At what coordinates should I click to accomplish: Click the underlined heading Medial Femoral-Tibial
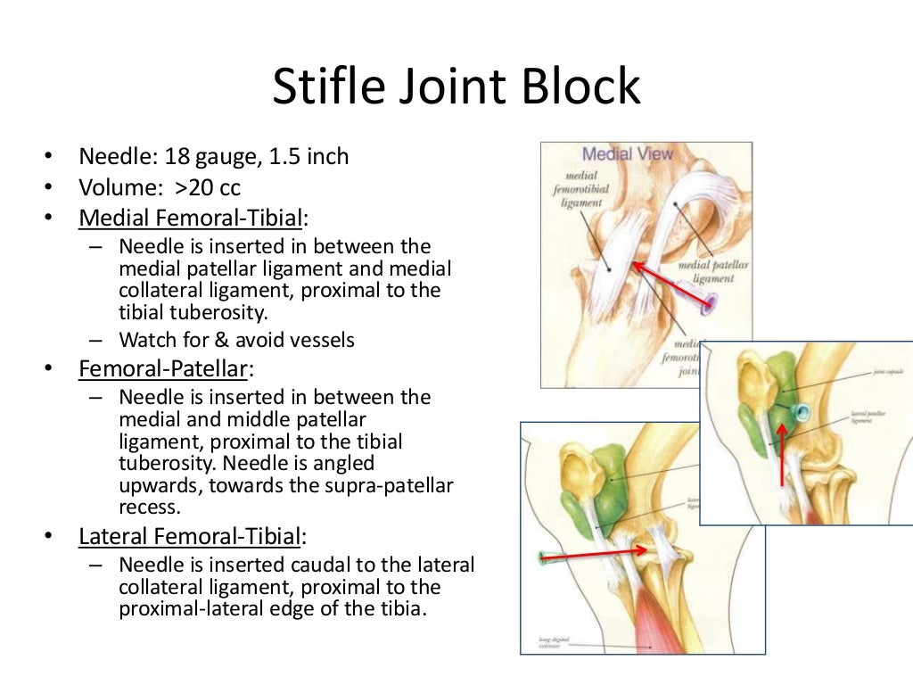click(191, 219)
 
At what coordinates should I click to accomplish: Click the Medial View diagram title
click(628, 154)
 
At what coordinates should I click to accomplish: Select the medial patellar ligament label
click(712, 271)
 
